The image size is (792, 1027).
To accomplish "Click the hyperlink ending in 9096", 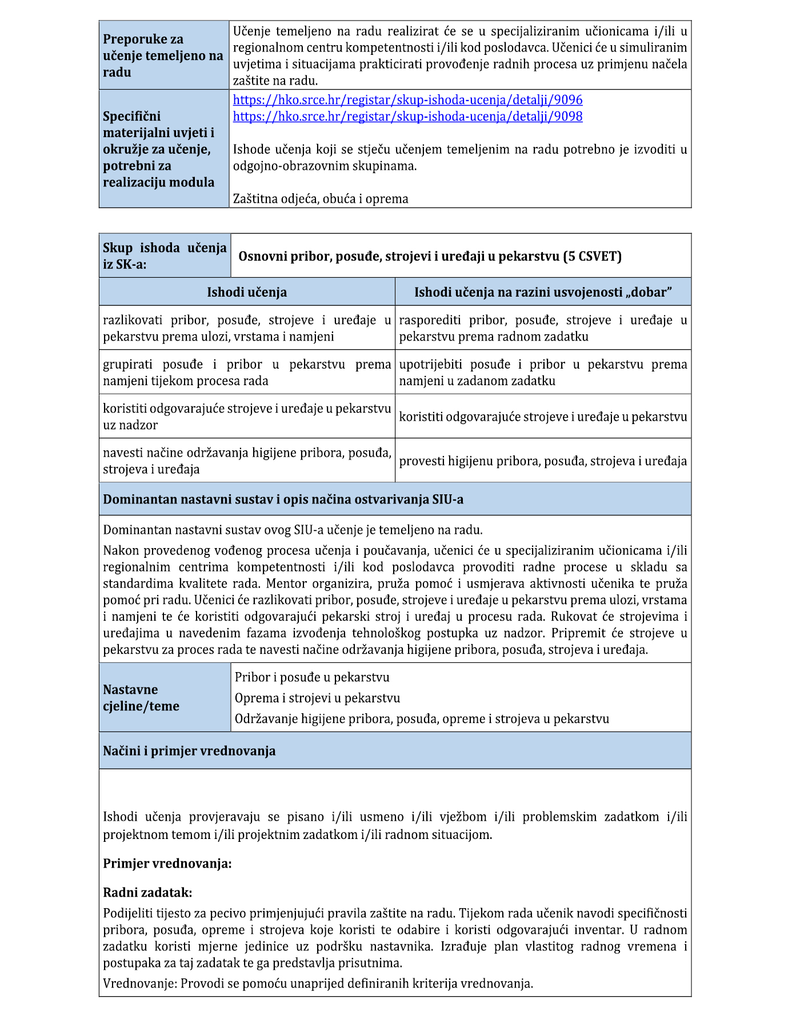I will pyautogui.click(x=407, y=100).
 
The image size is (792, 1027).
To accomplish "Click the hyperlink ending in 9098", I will pyautogui.click(x=407, y=117).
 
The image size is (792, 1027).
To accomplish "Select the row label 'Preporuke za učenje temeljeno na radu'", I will pyautogui.click(x=163, y=55).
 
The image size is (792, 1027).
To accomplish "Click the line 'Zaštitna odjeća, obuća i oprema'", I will pyautogui.click(x=321, y=199).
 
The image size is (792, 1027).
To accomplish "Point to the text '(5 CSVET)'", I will pyautogui.click(x=593, y=256).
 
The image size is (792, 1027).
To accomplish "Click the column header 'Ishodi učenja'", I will pyautogui.click(x=247, y=293).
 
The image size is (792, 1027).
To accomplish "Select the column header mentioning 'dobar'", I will pyautogui.click(x=542, y=293).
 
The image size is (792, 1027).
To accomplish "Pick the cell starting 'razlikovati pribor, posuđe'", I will pyautogui.click(x=247, y=329).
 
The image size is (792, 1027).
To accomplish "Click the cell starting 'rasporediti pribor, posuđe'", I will pyautogui.click(x=542, y=329).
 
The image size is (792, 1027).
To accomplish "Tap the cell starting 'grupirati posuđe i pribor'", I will pyautogui.click(x=247, y=373).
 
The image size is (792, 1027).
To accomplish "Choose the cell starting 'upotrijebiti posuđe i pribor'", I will pyautogui.click(x=542, y=373).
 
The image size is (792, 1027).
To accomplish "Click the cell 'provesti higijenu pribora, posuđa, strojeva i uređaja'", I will pyautogui.click(x=542, y=461).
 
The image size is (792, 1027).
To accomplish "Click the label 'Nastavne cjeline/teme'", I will pyautogui.click(x=141, y=698).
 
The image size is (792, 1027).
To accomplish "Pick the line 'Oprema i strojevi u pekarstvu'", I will pyautogui.click(x=317, y=698).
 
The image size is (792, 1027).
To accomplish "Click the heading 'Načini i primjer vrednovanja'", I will pyautogui.click(x=189, y=751).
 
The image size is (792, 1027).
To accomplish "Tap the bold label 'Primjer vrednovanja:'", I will pyautogui.click(x=167, y=864).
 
